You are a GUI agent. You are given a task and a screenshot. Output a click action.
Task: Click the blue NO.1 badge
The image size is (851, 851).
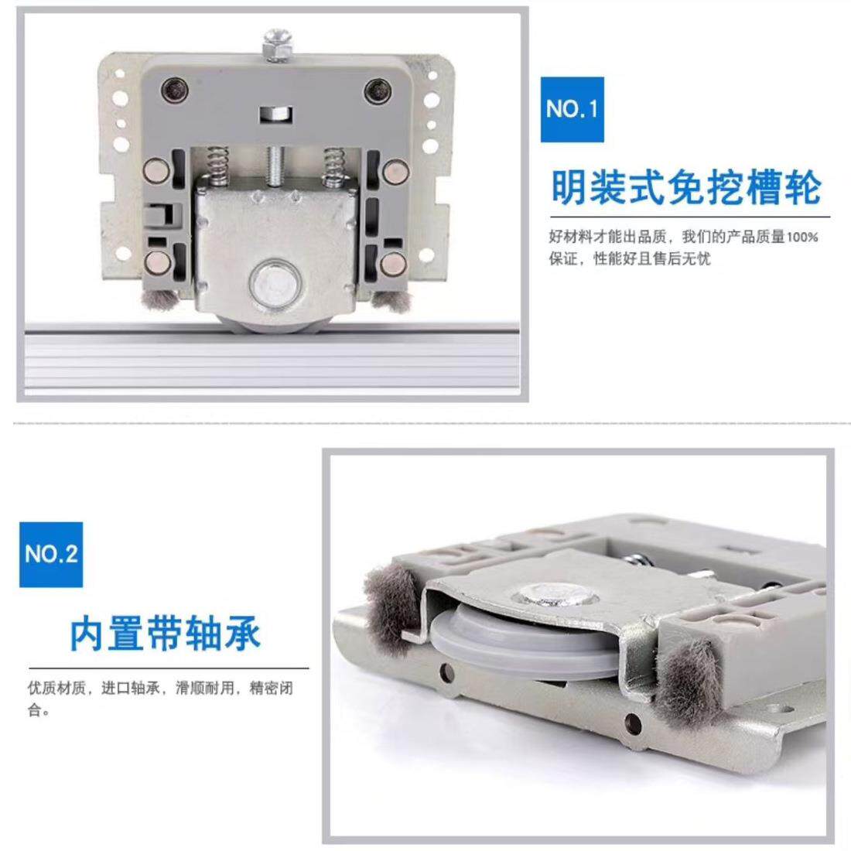click(572, 109)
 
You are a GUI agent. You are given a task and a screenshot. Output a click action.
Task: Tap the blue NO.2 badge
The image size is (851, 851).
click(51, 554)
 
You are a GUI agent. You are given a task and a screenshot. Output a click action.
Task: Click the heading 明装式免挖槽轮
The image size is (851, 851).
click(686, 187)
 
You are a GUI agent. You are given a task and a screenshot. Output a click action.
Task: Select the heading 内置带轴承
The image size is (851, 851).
click(166, 634)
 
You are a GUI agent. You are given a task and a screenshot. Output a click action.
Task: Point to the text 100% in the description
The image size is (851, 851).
click(802, 237)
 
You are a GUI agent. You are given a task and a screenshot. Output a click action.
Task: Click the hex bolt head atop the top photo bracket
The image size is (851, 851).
click(277, 45)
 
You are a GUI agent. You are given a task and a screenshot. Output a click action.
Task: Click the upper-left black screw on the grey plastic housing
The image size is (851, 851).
click(176, 89)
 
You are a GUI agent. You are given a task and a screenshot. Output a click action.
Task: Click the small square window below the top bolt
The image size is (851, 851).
click(276, 114)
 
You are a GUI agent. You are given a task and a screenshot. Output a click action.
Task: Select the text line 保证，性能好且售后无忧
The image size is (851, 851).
click(630, 259)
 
